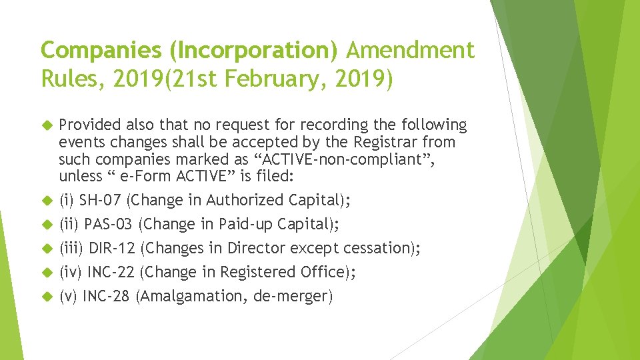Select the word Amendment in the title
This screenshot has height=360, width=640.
pos(411,50)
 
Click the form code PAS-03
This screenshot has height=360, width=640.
pos(109,224)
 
